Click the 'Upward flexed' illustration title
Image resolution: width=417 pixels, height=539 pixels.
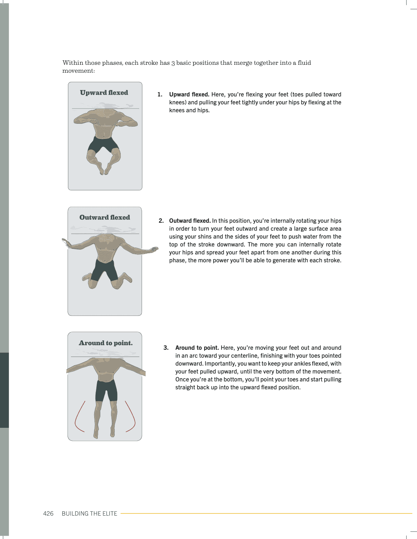pyautogui.click(x=104, y=93)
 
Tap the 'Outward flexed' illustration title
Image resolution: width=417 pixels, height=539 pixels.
pyautogui.click(x=105, y=218)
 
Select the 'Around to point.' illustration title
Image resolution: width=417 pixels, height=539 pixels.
pyautogui.click(x=106, y=343)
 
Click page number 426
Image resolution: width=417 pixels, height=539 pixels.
pyautogui.click(x=48, y=513)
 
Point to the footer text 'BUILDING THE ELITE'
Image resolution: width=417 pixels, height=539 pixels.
pyautogui.click(x=90, y=513)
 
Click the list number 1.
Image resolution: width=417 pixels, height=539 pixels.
pyautogui.click(x=160, y=95)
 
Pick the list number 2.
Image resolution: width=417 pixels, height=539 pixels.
pyautogui.click(x=161, y=221)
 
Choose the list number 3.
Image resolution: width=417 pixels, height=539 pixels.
pyautogui.click(x=166, y=348)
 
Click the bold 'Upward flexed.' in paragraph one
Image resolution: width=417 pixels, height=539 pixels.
pyautogui.click(x=189, y=95)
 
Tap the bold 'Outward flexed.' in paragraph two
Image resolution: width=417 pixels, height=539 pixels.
pyautogui.click(x=190, y=221)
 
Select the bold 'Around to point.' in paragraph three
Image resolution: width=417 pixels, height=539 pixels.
pyautogui.click(x=197, y=348)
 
